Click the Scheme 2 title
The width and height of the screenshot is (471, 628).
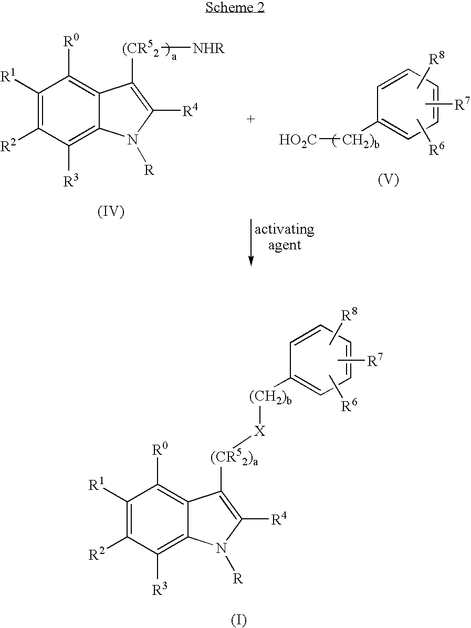[x=235, y=8]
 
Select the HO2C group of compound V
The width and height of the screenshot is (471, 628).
[x=297, y=140]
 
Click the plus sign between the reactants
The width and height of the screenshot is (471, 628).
[x=251, y=119]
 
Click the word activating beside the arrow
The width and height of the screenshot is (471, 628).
[x=285, y=229]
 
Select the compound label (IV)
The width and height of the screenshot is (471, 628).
[x=110, y=213]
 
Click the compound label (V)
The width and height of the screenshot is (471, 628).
[x=388, y=180]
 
